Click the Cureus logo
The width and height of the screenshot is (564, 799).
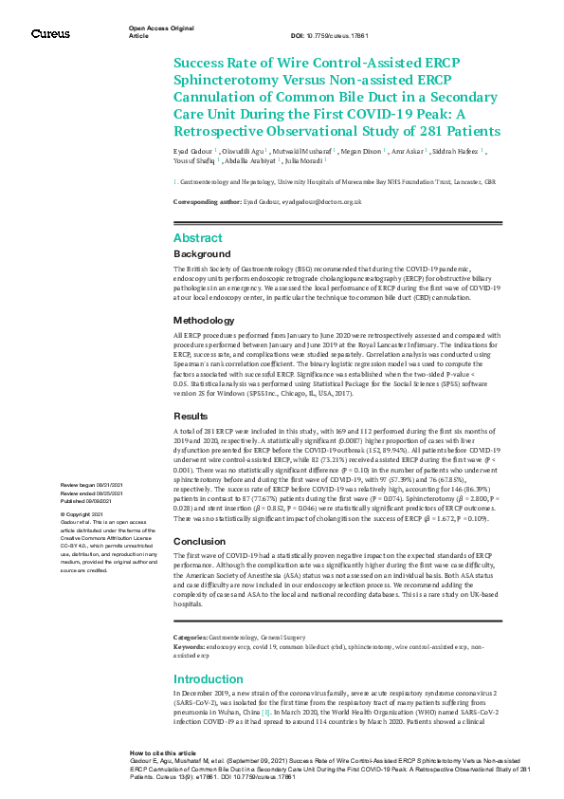[50, 33]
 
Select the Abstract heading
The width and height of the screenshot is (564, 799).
[197, 238]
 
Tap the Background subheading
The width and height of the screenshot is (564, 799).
[202, 254]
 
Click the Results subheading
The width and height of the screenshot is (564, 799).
[191, 417]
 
